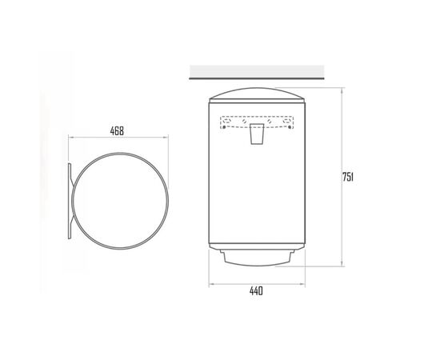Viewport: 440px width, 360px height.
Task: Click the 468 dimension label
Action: [x=117, y=130]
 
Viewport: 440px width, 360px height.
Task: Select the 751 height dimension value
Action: [x=348, y=177]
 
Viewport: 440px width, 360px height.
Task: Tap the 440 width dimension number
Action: [x=256, y=291]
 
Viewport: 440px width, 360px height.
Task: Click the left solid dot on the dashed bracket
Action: [x=224, y=127]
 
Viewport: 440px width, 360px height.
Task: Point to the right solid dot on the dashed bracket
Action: [x=290, y=127]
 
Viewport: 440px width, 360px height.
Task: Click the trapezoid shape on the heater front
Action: [x=257, y=134]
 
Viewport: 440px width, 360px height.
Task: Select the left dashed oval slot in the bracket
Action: [x=227, y=121]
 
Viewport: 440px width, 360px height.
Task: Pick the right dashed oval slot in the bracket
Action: [x=286, y=121]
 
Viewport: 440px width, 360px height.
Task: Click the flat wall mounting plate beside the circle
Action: [x=70, y=201]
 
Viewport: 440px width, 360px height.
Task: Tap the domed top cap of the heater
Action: [x=257, y=94]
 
